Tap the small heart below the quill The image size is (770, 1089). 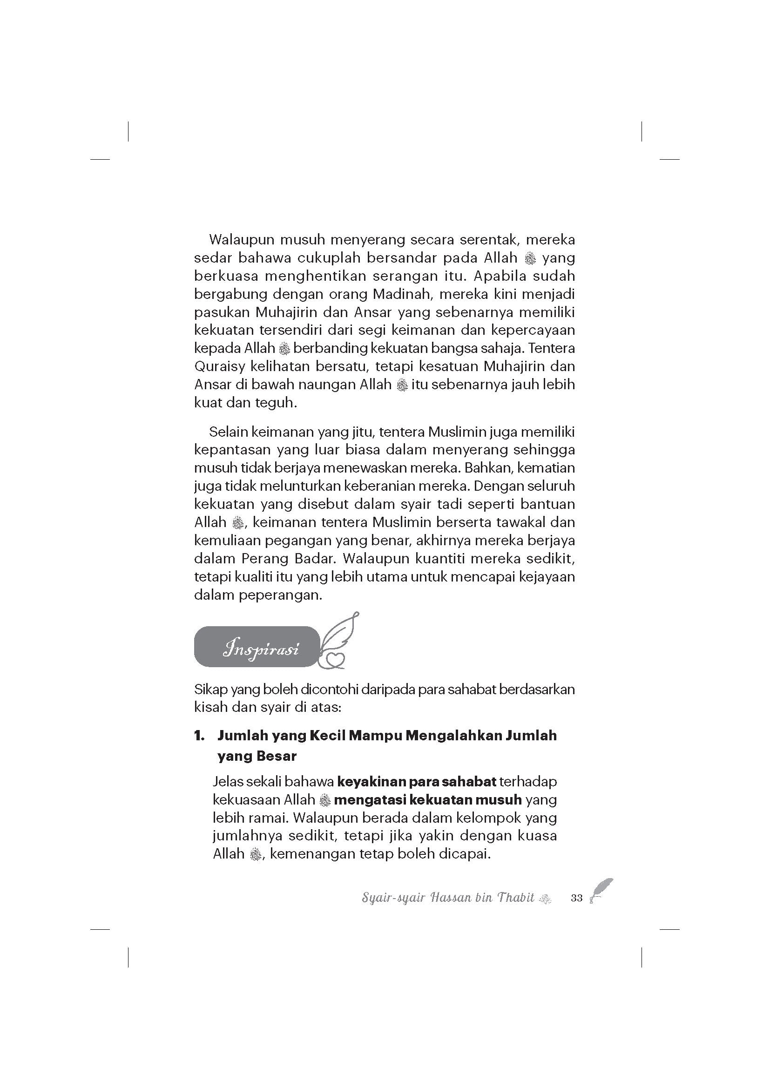coord(335,658)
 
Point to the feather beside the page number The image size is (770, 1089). coord(601,890)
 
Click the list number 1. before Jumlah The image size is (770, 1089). coord(200,736)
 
